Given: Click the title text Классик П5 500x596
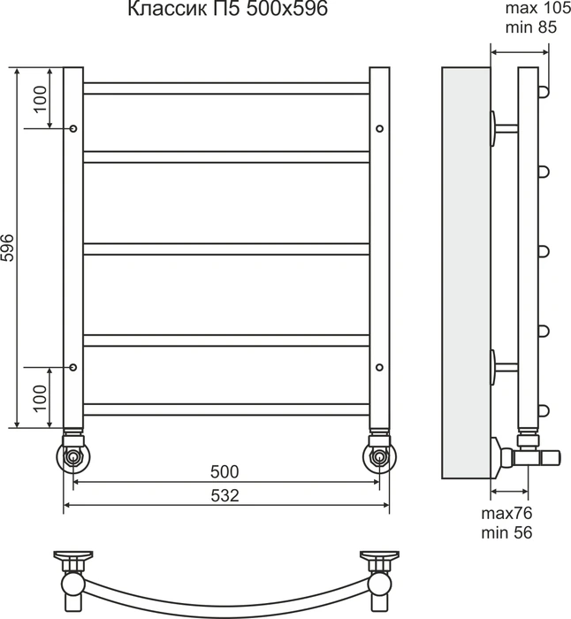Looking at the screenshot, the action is (x=227, y=9).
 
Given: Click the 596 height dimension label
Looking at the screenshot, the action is (x=7, y=248).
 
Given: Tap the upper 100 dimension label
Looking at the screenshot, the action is (x=41, y=99).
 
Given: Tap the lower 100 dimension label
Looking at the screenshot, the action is (x=41, y=398).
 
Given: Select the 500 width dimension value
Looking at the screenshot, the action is (x=225, y=471).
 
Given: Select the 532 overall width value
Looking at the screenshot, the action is (x=225, y=495).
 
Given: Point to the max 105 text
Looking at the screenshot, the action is (x=537, y=8).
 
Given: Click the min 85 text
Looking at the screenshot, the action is (x=531, y=27).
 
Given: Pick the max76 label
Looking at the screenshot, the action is (x=506, y=513).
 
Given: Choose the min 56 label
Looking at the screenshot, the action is (x=506, y=532).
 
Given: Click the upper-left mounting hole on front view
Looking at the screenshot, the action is (x=73, y=129).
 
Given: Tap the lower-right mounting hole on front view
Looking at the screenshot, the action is (x=379, y=368).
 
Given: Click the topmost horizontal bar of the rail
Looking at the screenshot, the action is (x=226, y=88).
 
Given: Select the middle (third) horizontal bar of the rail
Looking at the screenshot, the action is (x=226, y=249).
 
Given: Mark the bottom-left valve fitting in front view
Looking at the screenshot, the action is (x=73, y=453).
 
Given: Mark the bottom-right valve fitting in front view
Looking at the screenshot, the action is (x=379, y=453).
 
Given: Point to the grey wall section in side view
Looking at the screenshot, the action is (x=466, y=273).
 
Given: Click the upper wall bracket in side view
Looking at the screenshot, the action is (x=504, y=128).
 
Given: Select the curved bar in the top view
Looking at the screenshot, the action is (x=226, y=600).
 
